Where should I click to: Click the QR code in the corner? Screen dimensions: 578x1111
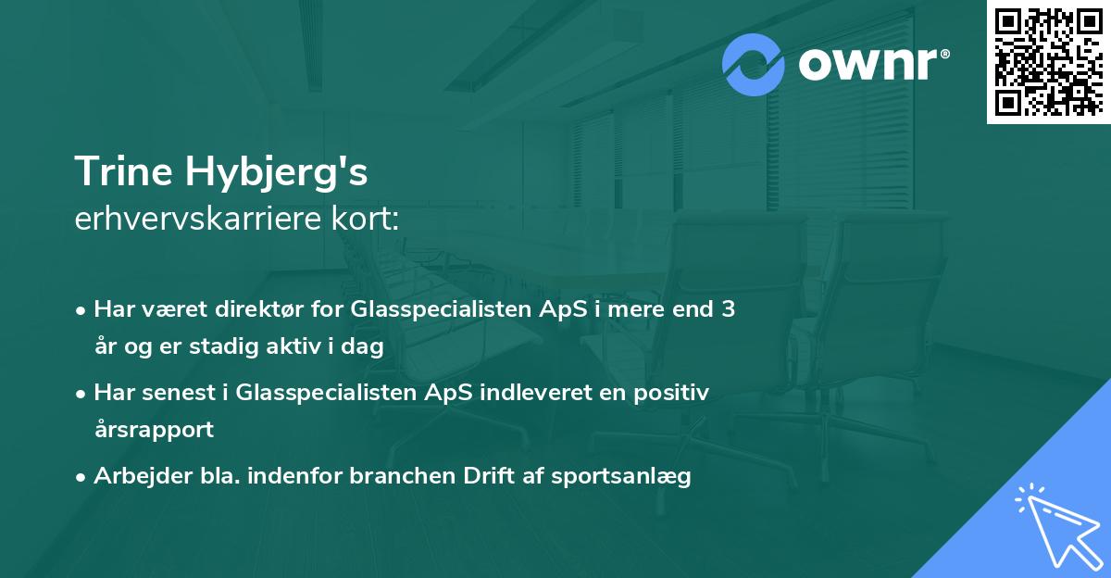[1048, 62]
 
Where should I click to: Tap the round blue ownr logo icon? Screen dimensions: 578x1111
[754, 65]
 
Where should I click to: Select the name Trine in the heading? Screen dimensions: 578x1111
[125, 172]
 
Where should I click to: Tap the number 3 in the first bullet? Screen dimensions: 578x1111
[729, 309]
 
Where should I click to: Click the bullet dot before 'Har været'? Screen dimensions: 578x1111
[82, 310]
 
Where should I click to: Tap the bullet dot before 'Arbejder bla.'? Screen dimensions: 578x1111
[82, 477]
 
